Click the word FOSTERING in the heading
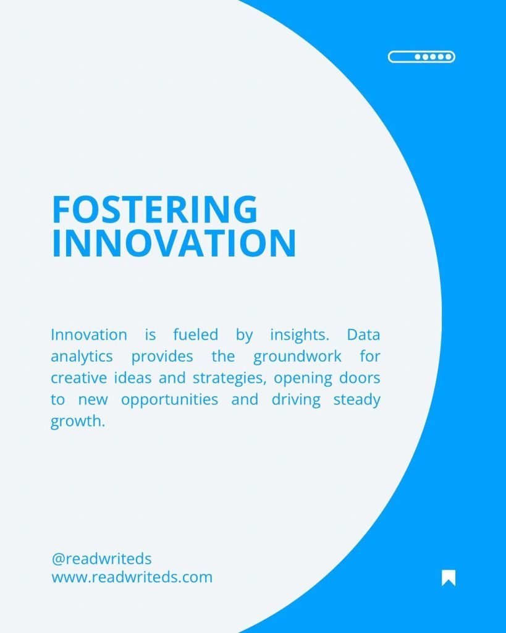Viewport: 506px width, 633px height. coord(155,209)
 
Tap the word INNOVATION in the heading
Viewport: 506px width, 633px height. coord(174,244)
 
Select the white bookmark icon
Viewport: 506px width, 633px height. coord(449,578)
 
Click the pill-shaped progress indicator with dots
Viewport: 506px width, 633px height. coord(421,57)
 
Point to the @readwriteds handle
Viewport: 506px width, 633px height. coord(101,559)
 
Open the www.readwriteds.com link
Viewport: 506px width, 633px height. coord(132,577)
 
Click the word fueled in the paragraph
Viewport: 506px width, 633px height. coord(196,334)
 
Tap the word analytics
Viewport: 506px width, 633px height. coord(82,357)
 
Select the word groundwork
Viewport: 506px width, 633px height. coord(297,357)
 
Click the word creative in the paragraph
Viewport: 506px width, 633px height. coord(79,378)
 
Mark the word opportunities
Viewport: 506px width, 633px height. coord(169,401)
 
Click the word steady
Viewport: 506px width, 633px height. coord(356,401)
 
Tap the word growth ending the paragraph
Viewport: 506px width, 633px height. coord(77,422)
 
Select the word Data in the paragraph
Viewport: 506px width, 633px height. coord(363,334)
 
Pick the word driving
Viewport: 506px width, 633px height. coord(296,400)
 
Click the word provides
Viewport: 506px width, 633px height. coord(162,357)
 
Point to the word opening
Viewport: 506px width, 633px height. coord(303,379)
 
